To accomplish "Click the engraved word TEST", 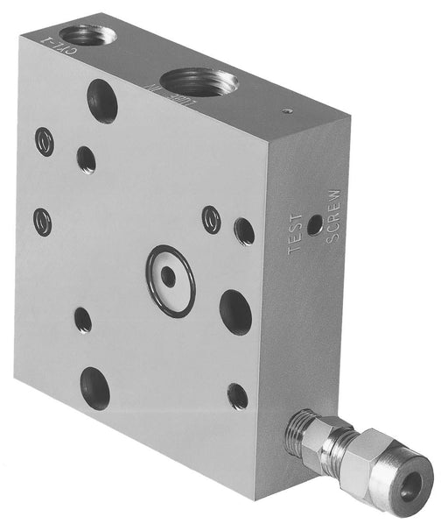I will tap(296, 235).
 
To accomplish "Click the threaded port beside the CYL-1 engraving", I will tap(84, 35).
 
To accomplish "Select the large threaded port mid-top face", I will tap(199, 84).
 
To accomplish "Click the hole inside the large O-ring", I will tap(170, 276).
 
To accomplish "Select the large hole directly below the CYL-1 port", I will tap(103, 102).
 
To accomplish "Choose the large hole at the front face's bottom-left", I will tap(95, 388).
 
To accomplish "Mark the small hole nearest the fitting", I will tap(237, 396).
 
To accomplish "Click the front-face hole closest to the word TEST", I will tap(244, 231).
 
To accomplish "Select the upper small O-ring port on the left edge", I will tap(45, 142).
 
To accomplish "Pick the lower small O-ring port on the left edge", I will tap(42, 221).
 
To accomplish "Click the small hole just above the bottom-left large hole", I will tap(83, 321).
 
